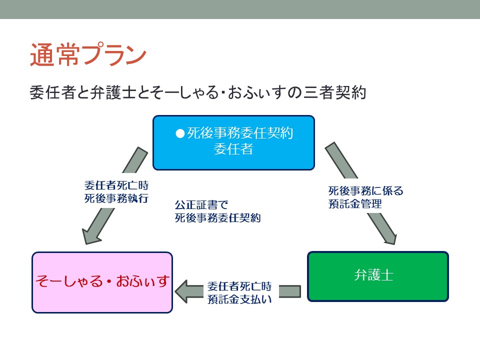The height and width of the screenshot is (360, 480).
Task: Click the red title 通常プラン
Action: pos(88,55)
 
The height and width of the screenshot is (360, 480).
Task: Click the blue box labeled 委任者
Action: pos(233,142)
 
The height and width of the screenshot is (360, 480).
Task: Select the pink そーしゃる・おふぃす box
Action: pos(102,282)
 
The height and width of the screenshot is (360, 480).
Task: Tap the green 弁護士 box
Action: pos(378,276)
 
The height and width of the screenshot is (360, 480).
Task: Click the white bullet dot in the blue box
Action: pos(180,133)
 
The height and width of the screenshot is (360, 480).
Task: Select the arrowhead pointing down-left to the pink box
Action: pos(90,235)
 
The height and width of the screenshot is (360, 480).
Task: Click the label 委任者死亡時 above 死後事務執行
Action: pos(116,185)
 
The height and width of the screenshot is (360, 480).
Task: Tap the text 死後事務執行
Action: pos(116,198)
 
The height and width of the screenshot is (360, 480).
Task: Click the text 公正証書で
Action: pos(201,205)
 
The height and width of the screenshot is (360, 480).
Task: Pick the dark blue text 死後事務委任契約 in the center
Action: pos(217,218)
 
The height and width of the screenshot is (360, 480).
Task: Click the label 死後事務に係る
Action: pos(366,190)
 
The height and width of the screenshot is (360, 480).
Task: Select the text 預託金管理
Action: pos(355,203)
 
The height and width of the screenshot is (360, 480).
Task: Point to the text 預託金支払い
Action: pos(239,299)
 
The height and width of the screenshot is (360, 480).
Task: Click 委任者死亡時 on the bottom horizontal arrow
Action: pos(239,286)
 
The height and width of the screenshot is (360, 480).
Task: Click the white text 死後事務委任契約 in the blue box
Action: pos(240,133)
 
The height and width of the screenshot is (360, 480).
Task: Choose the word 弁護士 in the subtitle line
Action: pos(113,92)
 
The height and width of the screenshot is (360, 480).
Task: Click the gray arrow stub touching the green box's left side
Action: pos(289,291)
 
